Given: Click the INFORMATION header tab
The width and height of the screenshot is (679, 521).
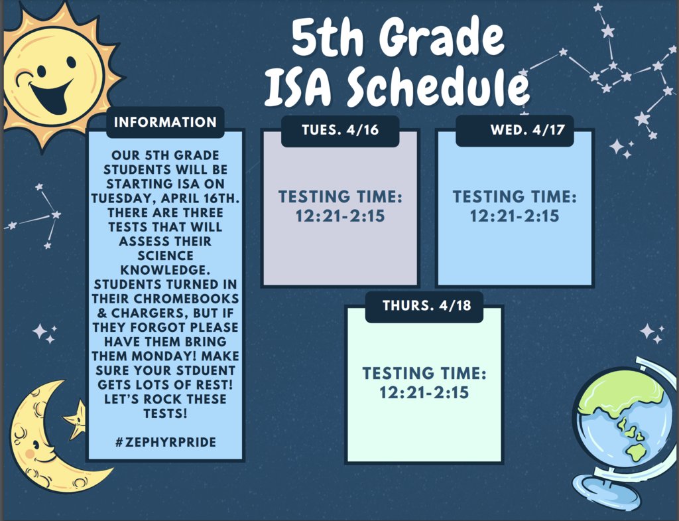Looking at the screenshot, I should coord(165,122).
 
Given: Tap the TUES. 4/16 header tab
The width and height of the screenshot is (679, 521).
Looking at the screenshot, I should coord(340,129).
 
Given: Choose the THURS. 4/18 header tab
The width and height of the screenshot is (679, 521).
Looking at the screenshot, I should coord(424,306).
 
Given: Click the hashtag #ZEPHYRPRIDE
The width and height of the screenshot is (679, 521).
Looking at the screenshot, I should coord(165,442).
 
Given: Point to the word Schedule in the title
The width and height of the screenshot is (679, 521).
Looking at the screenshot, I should coord(438,88).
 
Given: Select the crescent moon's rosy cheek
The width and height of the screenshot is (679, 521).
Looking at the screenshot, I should coord(29,453).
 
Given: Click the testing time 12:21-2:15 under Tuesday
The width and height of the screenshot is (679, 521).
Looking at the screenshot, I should coord(340,216).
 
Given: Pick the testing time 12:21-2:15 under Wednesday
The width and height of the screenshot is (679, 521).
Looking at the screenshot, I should coord(515,216).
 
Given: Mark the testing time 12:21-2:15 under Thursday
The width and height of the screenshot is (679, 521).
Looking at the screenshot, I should coord(424,392).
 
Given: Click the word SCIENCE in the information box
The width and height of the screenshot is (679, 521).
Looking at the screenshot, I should coord(166,256).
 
